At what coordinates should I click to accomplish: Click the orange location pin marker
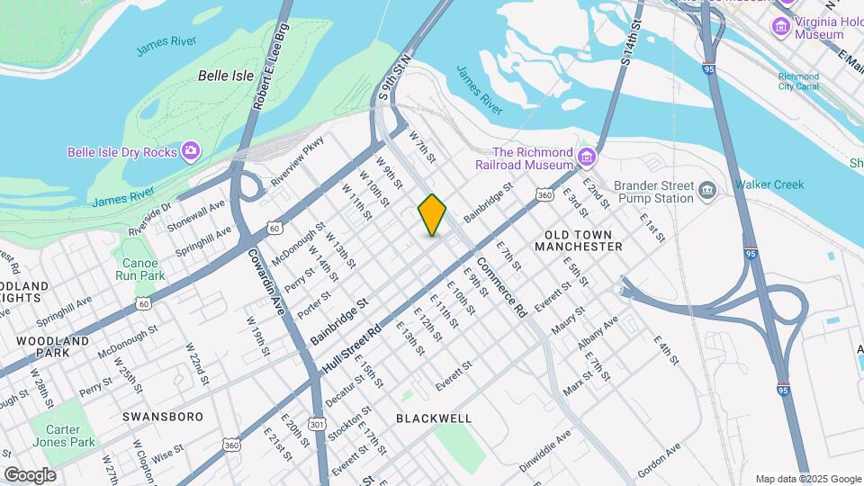432,214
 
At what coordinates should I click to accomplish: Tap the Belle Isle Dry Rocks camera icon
191,151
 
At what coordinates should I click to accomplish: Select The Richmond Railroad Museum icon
587,158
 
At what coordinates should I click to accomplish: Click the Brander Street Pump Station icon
707,191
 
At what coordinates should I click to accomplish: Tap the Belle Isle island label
225,76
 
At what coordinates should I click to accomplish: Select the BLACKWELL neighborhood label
434,418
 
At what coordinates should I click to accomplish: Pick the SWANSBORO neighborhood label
162,417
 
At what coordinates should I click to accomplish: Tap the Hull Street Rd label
352,346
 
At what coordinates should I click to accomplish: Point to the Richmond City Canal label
798,83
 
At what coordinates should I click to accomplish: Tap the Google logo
30,474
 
